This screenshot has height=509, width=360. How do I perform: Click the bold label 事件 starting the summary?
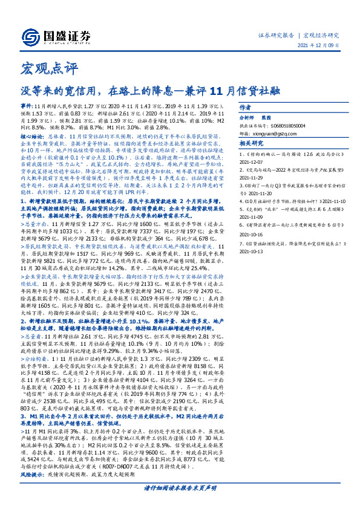click(28, 105)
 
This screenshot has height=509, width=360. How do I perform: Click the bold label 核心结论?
click(32, 136)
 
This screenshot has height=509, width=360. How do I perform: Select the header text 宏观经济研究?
click(321, 36)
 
